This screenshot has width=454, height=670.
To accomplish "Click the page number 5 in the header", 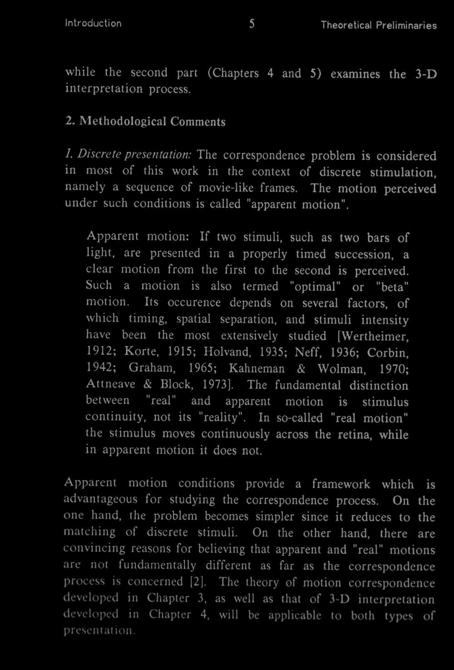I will click(x=251, y=24).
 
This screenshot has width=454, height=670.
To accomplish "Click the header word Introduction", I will click(x=93, y=23).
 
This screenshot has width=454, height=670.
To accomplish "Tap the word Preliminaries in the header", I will click(x=406, y=25).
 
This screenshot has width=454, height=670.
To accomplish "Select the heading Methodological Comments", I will click(x=152, y=122).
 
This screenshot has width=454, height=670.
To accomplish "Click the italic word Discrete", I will click(x=94, y=155).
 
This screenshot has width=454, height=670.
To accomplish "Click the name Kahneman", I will click(x=257, y=368).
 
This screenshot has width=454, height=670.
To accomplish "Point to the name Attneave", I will click(x=111, y=384).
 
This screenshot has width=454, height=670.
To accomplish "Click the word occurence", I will click(x=194, y=303).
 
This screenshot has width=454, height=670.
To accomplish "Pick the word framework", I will click(x=340, y=484).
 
